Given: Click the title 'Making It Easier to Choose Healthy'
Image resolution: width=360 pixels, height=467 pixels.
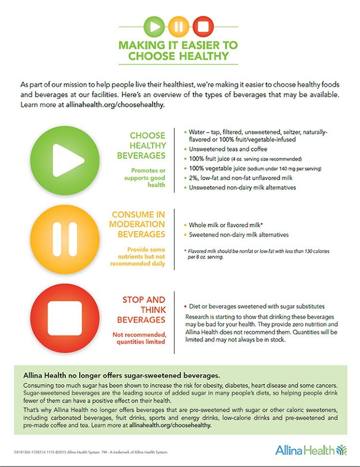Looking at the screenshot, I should (178, 50).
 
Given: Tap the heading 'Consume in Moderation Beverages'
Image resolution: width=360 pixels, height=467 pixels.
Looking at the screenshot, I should (138, 224).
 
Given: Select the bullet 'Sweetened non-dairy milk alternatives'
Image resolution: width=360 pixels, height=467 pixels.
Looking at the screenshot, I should (239, 235).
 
